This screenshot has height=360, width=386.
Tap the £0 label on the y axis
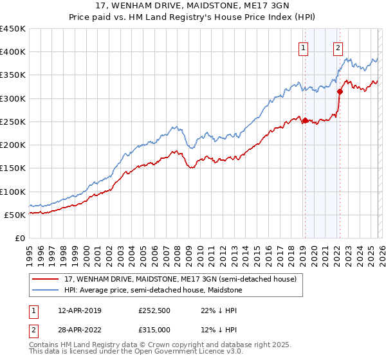tap(20, 239)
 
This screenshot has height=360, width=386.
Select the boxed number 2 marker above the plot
tap(338, 47)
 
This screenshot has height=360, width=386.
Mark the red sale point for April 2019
tap(305, 120)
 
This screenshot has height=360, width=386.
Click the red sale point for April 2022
tap(340, 91)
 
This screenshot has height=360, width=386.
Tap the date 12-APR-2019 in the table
tap(79, 310)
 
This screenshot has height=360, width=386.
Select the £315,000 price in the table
tap(154, 330)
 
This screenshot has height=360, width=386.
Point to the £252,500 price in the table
tap(154, 310)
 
